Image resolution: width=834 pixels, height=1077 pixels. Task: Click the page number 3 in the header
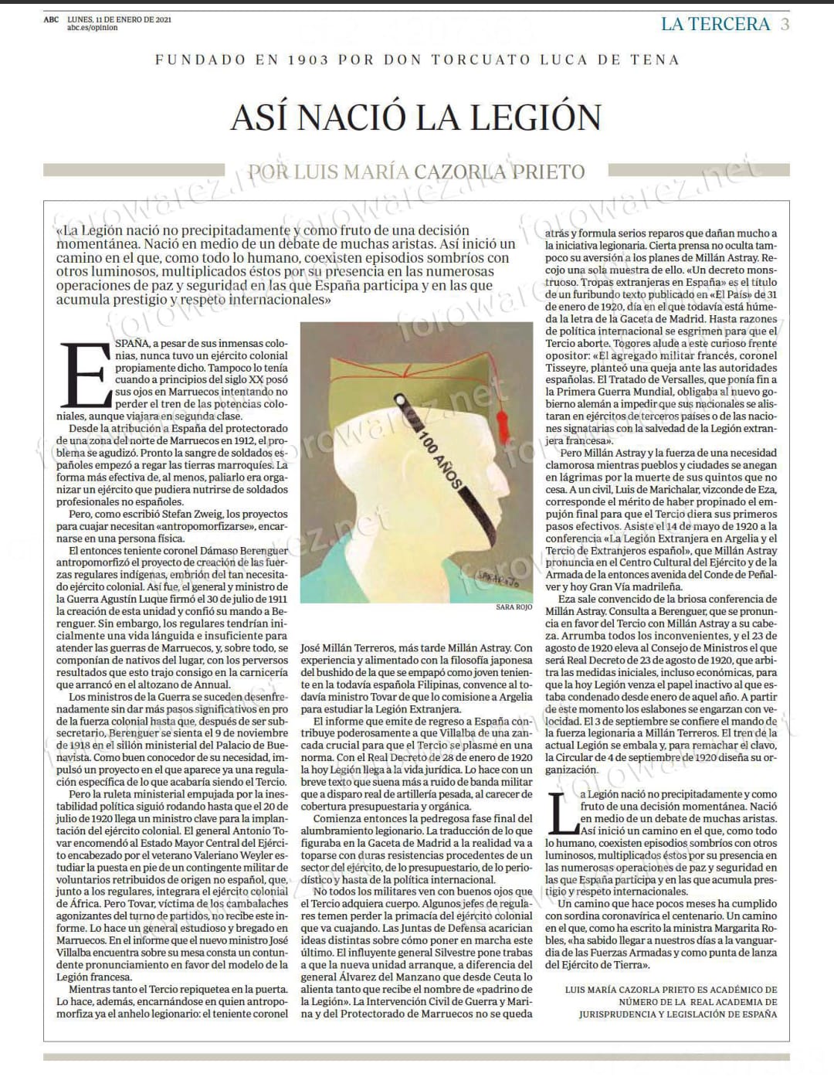(x=785, y=24)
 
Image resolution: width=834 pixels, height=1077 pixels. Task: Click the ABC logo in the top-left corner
(x=52, y=19)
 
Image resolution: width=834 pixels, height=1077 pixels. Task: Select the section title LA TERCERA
(x=715, y=24)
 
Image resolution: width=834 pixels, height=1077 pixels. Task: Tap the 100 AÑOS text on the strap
(x=439, y=457)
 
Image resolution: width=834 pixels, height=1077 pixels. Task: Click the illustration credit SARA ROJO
(x=514, y=607)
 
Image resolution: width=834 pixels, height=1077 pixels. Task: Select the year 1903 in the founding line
(x=316, y=59)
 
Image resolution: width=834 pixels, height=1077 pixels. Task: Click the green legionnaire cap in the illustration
(x=418, y=372)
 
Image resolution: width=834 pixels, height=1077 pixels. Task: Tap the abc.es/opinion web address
(x=93, y=28)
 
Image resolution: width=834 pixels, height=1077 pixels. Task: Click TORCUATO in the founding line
(x=473, y=59)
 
